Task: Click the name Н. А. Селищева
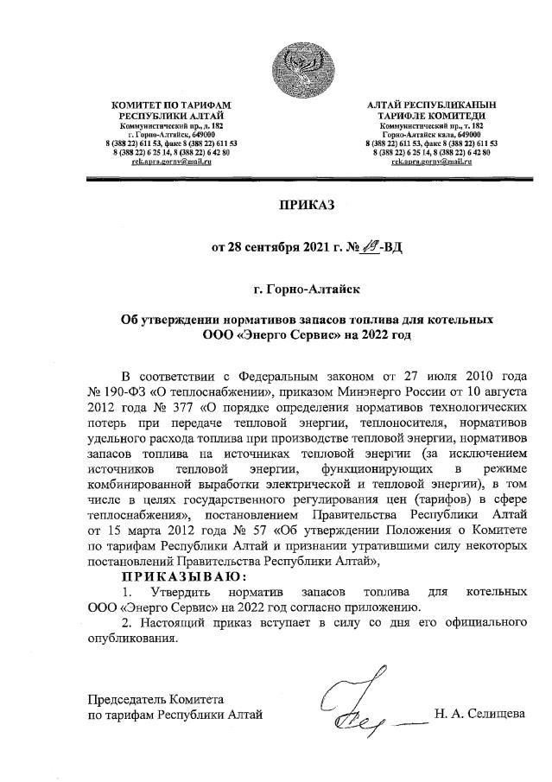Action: [484, 713]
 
